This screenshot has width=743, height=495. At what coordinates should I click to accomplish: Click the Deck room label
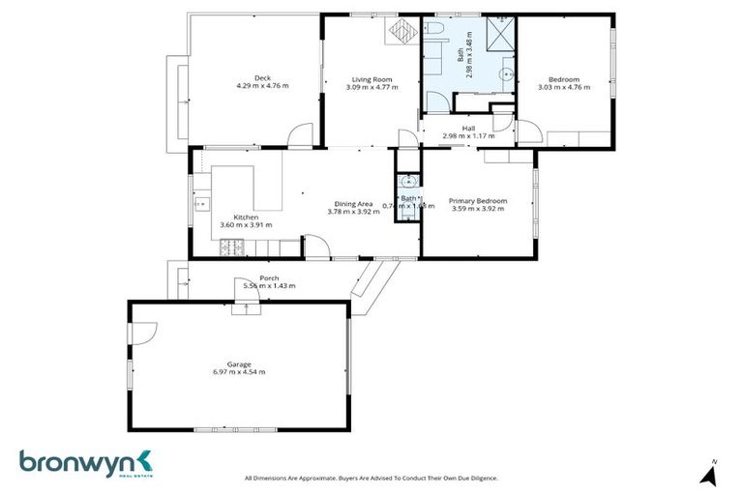262,78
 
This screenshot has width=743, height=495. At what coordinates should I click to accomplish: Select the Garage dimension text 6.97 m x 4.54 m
239,372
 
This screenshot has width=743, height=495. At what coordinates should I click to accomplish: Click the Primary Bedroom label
478,201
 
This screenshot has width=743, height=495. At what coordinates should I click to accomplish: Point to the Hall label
468,129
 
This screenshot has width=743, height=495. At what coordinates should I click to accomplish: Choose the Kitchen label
246,218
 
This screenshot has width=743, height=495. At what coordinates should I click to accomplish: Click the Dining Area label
354,203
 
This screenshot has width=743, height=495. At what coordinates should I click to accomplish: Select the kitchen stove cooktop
232,249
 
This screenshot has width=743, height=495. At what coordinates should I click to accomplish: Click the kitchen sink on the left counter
203,203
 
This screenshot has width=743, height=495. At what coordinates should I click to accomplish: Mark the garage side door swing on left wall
141,333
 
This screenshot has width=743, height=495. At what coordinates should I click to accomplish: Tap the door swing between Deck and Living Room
303,135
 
